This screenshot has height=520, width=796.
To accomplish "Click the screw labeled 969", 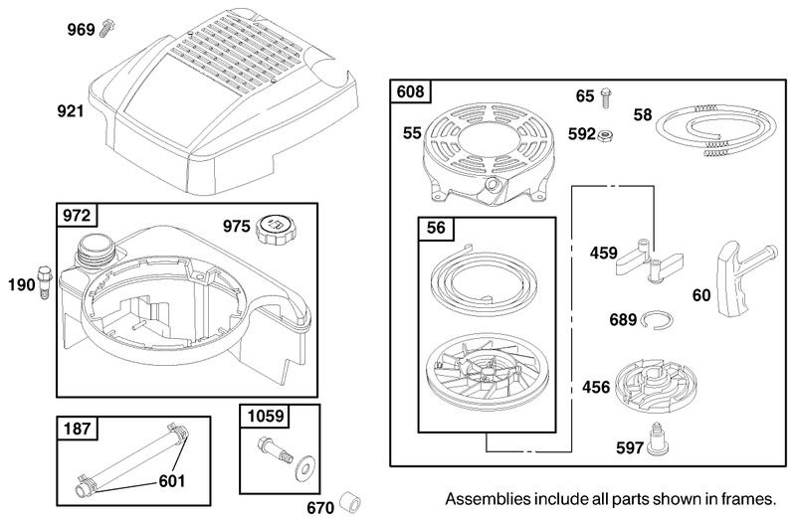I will click(104, 30).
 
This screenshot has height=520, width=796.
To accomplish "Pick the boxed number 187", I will click(76, 430).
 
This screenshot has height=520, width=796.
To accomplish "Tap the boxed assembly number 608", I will click(410, 92).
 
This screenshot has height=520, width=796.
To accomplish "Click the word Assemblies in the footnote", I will click(485, 497).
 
